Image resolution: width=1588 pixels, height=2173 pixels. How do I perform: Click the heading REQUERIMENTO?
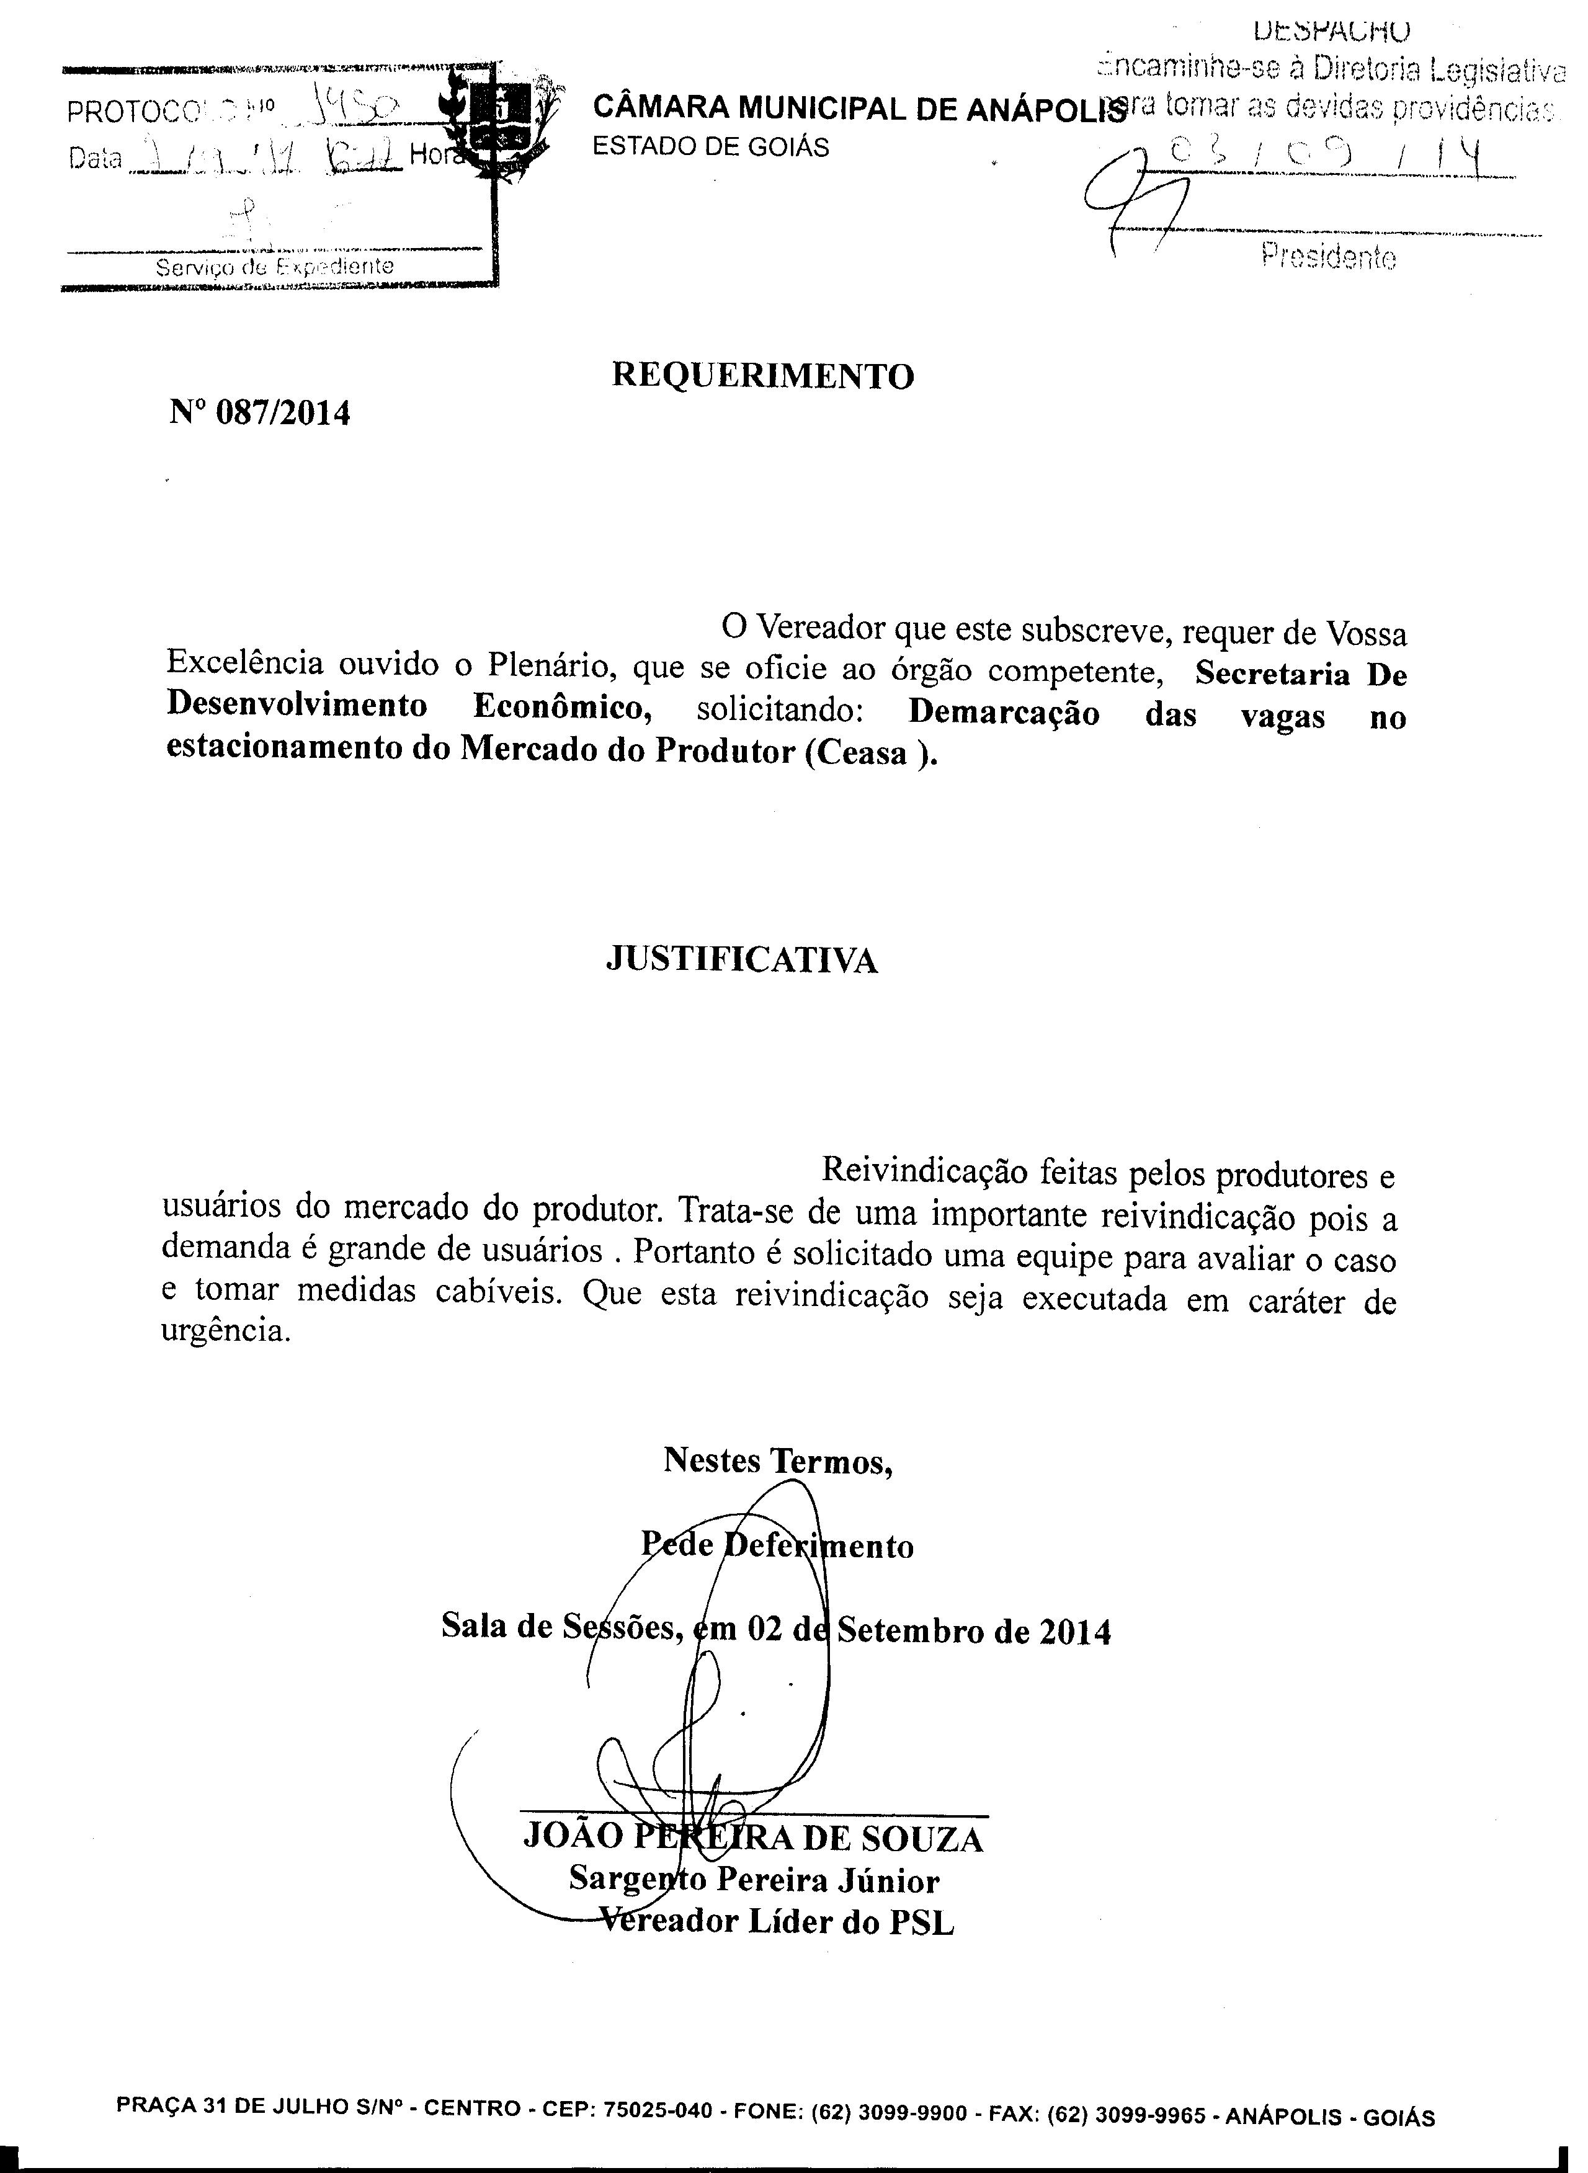(x=762, y=376)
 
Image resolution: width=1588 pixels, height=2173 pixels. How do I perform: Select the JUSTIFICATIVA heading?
(x=741, y=960)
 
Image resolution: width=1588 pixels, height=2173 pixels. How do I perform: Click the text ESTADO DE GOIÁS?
(x=710, y=147)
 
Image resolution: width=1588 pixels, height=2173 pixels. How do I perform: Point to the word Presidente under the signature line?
(x=1329, y=257)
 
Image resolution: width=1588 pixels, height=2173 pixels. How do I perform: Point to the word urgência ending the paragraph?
(x=226, y=1334)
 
